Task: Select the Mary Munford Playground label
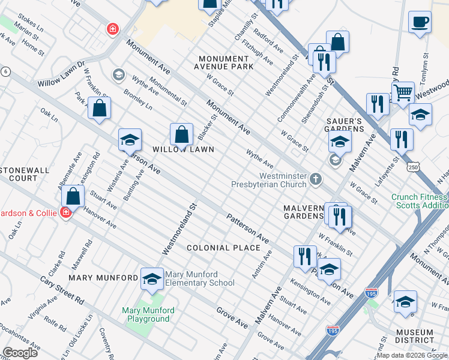(x=148, y=314)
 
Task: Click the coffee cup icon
(x=420, y=22)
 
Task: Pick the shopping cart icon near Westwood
(x=403, y=93)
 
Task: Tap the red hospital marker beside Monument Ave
(x=112, y=29)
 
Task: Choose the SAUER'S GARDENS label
(x=345, y=125)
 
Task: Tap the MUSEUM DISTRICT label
(x=415, y=337)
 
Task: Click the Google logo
(x=20, y=353)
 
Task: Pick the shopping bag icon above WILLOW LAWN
(x=181, y=136)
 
